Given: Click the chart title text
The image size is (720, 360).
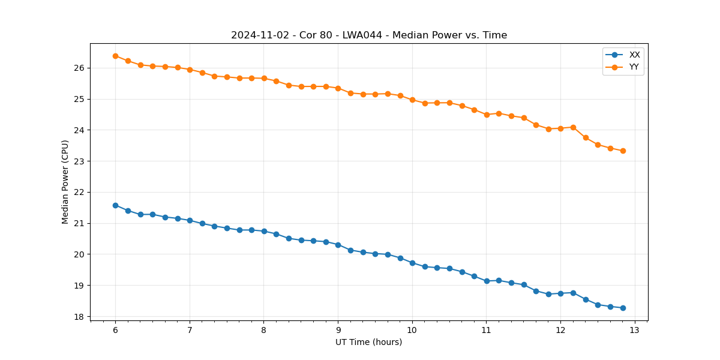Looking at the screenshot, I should coord(369,35).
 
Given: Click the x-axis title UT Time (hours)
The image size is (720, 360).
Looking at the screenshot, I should coord(368,343).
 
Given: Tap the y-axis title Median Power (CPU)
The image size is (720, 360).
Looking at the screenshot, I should coord(65,182).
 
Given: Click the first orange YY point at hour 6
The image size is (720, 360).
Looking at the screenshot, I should coord(115,56).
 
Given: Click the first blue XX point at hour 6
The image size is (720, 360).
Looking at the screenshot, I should coord(115,205).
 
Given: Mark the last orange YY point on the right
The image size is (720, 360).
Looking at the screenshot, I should coord(623,151).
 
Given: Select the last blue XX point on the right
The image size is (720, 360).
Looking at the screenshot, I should coord(623,308).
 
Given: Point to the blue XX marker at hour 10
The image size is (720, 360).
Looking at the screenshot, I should coord(412,263).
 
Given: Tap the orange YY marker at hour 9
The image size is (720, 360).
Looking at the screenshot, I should coord(338,88).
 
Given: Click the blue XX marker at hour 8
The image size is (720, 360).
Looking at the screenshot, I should coord(264,231).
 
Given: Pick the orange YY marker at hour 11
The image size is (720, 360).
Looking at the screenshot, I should coord(487,114).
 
